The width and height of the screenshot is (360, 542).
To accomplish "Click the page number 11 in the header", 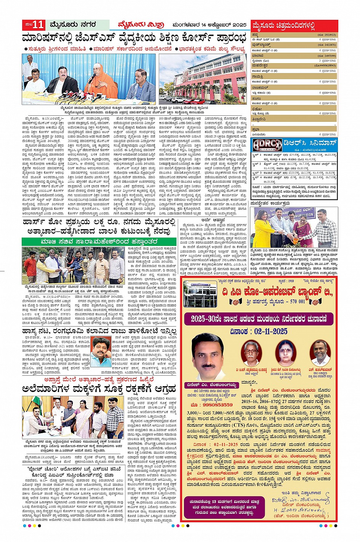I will click(x=38, y=25).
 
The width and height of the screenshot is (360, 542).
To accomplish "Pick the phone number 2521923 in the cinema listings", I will click(x=327, y=35).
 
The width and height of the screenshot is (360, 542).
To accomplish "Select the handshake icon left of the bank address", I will click(x=236, y=302).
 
